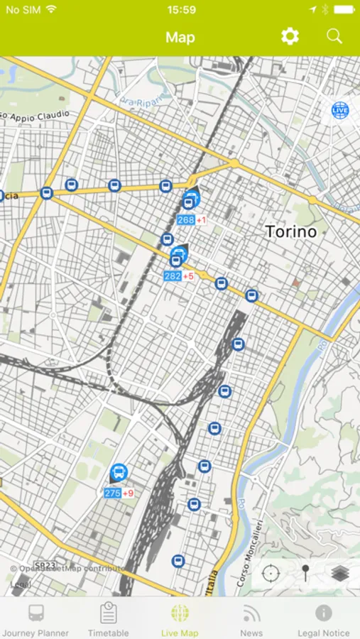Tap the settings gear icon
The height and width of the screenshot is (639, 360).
click(290, 37)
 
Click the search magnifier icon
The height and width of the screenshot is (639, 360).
click(334, 37)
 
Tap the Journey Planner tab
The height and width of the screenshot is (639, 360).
click(36, 620)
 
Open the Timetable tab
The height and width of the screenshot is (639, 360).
click(108, 620)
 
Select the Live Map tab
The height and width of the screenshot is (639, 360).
click(180, 620)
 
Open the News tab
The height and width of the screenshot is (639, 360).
click(251, 620)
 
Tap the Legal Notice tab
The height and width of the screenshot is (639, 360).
click(324, 620)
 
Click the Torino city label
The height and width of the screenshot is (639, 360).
click(290, 231)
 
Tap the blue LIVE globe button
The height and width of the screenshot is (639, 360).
click(340, 110)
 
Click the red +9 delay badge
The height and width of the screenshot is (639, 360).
click(129, 493)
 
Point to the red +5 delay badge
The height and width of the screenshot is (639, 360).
click(189, 276)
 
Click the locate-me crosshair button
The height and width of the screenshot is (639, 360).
click(271, 573)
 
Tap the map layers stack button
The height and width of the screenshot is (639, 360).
click(340, 573)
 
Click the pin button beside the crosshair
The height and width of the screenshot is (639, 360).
click(305, 573)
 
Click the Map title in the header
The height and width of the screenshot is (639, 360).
click(180, 37)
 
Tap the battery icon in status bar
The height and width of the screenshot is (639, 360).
click(344, 10)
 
